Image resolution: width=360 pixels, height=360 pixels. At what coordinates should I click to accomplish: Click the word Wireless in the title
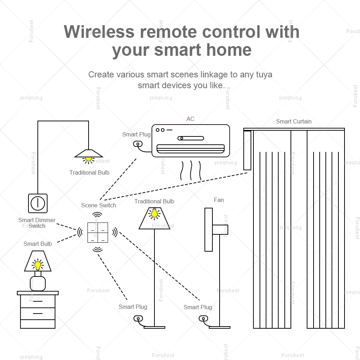click(99, 32)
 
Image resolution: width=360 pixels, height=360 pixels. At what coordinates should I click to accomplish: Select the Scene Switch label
click(98, 205)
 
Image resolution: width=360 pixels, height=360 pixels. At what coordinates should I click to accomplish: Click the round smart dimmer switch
click(38, 203)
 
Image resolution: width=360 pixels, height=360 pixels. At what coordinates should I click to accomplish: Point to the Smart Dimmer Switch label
click(37, 223)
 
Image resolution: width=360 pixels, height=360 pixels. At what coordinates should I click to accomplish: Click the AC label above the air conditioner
click(190, 119)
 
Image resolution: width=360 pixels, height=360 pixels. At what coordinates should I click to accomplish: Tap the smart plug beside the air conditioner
click(138, 144)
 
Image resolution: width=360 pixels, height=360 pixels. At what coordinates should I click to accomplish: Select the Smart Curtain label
click(293, 121)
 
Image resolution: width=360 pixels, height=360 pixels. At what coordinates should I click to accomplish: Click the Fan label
click(219, 200)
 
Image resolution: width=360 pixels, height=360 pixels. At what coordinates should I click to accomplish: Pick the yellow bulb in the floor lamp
click(154, 213)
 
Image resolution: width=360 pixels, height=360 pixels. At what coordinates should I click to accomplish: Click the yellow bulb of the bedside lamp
click(37, 265)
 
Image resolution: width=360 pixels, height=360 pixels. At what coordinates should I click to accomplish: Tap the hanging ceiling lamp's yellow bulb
click(88, 158)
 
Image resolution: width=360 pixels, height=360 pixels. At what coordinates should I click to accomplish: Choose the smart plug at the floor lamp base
click(138, 318)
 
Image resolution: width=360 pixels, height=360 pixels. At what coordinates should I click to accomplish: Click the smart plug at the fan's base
click(203, 318)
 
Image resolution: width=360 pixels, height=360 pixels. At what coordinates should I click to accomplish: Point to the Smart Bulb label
click(37, 244)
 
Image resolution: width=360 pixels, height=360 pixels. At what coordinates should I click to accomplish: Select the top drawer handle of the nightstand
click(37, 301)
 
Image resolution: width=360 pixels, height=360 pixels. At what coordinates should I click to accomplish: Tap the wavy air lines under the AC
click(191, 170)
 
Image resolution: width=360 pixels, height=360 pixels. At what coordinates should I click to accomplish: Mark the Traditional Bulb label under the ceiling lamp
click(89, 172)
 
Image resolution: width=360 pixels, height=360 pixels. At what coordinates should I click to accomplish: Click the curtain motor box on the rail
click(247, 150)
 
